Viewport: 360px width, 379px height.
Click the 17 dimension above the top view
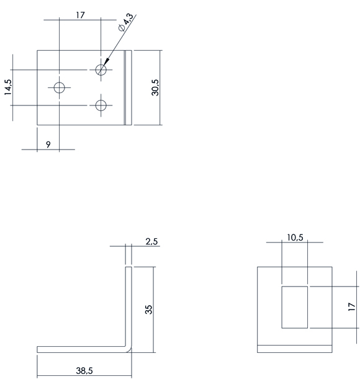pos(80,15)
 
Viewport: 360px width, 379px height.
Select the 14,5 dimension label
pos(7,87)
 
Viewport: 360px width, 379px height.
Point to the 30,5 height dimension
pos(155,87)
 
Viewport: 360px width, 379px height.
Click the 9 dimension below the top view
pos(48,145)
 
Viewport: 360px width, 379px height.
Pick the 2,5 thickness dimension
pos(151,241)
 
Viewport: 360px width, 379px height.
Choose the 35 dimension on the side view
pos(149,310)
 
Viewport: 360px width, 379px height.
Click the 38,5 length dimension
pos(84,370)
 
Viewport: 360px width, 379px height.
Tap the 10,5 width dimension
pos(295,238)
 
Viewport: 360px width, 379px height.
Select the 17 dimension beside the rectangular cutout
pos(352,306)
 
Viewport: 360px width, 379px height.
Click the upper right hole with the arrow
pos(101,70)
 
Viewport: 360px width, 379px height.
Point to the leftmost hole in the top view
pos(59,87)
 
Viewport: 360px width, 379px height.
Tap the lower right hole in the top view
pos(101,105)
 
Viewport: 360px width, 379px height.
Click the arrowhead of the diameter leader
pos(107,62)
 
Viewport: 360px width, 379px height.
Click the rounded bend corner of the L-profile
pos(129,349)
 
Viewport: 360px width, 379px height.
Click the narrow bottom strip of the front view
pos(295,349)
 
